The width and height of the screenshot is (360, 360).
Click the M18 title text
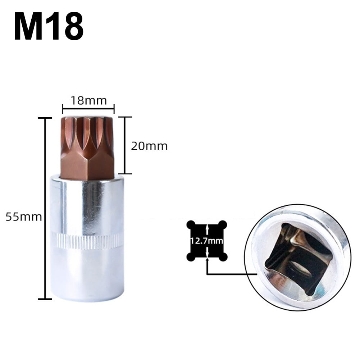pyautogui.click(x=49, y=26)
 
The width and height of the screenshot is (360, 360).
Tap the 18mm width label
pyautogui.click(x=88, y=100)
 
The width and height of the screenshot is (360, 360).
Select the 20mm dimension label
pyautogui.click(x=149, y=146)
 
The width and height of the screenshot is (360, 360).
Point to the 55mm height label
pyautogui.click(x=23, y=217)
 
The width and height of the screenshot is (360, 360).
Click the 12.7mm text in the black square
pyautogui.click(x=207, y=241)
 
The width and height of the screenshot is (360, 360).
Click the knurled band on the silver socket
pyautogui.click(x=87, y=241)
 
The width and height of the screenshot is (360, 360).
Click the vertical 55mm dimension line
pyautogui.click(x=45, y=209)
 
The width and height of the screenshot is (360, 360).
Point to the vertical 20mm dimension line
pyautogui.click(x=125, y=146)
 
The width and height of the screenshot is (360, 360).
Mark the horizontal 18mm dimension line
pyautogui.click(x=88, y=107)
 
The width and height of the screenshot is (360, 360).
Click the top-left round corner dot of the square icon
pyautogui.click(x=191, y=224)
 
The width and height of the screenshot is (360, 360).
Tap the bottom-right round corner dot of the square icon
pyautogui.click(x=223, y=257)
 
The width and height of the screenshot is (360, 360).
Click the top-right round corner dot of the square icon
pyautogui.click(x=223, y=224)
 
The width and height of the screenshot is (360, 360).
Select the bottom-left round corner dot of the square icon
pyautogui.click(x=191, y=257)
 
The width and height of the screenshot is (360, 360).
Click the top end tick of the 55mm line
pyautogui.click(x=45, y=118)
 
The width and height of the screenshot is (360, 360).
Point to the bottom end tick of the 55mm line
pyautogui.click(x=45, y=299)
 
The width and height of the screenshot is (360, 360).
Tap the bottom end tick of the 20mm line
pyautogui.click(x=125, y=174)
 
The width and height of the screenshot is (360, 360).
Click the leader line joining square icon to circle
pyautogui.click(x=230, y=274)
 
